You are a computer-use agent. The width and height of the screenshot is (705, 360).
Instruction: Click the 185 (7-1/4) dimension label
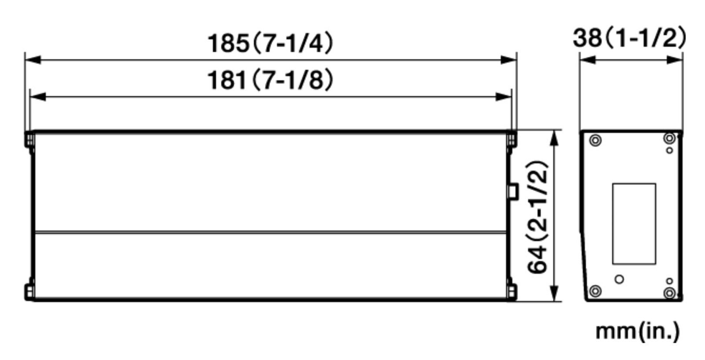(270, 43)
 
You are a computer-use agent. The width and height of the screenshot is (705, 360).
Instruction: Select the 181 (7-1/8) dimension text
(270, 80)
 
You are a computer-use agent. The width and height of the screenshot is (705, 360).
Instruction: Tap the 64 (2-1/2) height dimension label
(538, 217)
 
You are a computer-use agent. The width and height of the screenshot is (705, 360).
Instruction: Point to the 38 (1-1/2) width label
(629, 38)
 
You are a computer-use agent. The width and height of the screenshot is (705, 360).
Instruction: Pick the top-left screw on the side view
(595, 141)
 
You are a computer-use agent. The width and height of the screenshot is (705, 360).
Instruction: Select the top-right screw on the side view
(669, 139)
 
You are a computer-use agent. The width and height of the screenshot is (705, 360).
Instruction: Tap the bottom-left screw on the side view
(595, 291)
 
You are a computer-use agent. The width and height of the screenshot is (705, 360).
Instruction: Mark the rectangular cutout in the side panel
(634, 223)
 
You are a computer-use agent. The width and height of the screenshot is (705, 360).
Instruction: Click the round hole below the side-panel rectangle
(619, 279)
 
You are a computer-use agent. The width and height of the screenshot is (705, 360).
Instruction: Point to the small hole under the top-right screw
(670, 150)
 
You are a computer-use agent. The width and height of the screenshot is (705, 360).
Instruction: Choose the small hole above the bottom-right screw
(669, 281)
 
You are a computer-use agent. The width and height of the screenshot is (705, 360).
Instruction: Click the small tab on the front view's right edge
(513, 191)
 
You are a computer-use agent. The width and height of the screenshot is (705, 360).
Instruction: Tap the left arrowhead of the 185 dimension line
(33, 60)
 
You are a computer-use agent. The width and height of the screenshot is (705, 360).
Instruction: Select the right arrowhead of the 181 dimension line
(504, 96)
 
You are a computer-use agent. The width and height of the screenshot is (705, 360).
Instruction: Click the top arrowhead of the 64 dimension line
(554, 137)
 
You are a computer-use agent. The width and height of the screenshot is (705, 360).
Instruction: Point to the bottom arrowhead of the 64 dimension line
(554, 294)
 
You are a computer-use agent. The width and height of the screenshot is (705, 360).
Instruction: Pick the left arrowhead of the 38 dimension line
(587, 60)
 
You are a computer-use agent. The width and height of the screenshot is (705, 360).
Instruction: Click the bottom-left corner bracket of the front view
(29, 292)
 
